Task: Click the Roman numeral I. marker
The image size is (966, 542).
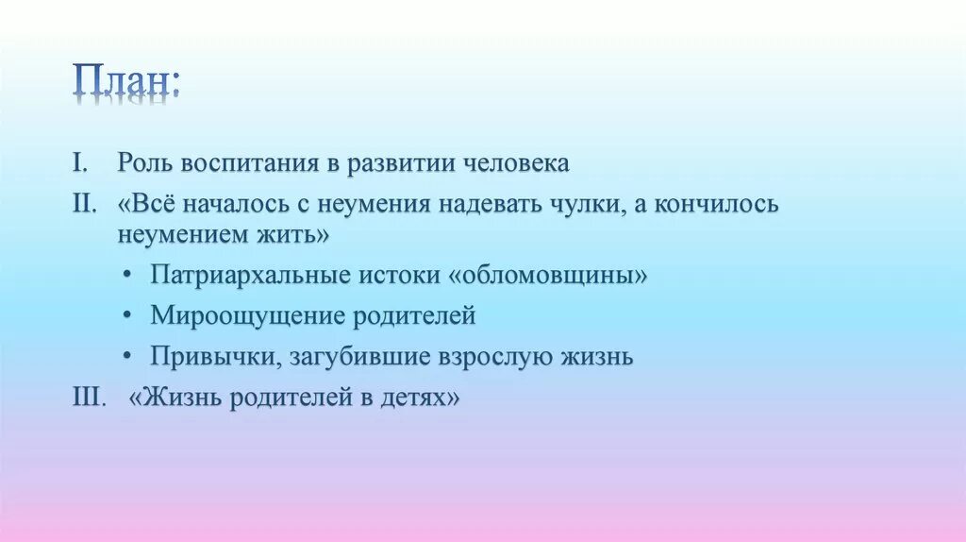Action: click(81, 162)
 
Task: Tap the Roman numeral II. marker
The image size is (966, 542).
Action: click(85, 204)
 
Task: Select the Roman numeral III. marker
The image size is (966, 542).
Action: click(92, 398)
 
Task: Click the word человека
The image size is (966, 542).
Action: click(516, 163)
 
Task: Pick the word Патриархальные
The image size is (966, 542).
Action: click(250, 276)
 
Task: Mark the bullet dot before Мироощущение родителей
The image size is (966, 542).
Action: click(127, 316)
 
